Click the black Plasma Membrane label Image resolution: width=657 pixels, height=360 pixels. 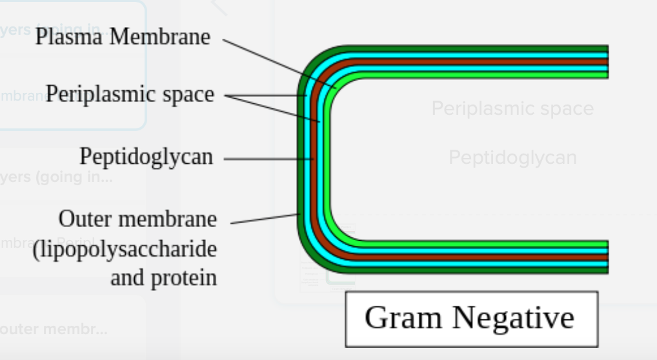[x=123, y=37]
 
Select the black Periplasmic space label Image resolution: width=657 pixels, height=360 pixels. [x=130, y=95]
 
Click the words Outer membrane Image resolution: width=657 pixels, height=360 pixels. [x=137, y=219]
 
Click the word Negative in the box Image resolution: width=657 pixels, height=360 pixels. [x=514, y=317]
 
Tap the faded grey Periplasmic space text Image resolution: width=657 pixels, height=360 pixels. [x=512, y=108]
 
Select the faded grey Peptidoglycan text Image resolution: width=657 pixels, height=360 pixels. [x=512, y=157]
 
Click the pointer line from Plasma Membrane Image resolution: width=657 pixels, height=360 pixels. [x=278, y=62]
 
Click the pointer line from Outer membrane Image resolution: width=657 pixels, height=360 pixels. [x=265, y=219]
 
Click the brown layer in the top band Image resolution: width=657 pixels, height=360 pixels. [x=478, y=62]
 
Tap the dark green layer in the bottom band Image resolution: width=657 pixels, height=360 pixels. [x=478, y=270]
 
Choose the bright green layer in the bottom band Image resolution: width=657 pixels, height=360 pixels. [x=478, y=245]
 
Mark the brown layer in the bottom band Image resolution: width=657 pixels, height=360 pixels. [x=478, y=257]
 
